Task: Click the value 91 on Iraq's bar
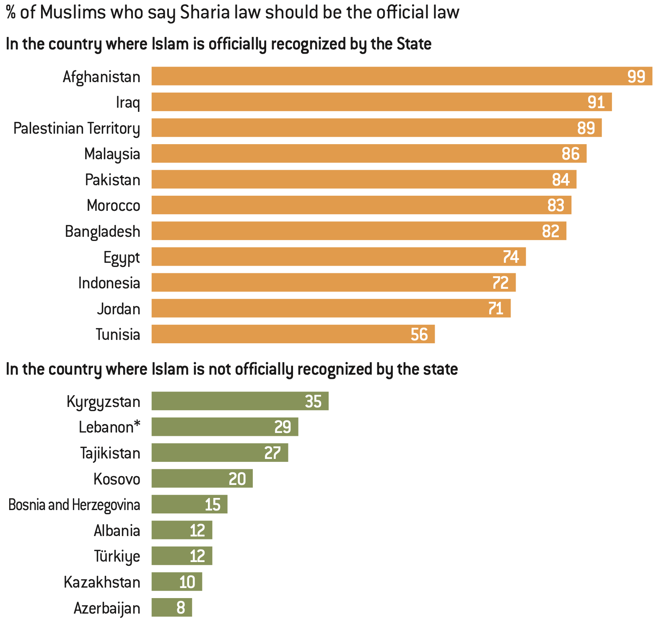596,102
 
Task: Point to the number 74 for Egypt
511,257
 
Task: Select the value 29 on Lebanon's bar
283,427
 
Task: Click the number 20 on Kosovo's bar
237,479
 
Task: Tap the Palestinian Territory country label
77,128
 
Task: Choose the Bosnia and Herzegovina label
74,505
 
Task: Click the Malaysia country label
112,154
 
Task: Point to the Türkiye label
117,556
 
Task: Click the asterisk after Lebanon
137,425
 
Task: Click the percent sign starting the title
11,13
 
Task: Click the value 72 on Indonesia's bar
500,283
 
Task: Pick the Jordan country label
119,309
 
